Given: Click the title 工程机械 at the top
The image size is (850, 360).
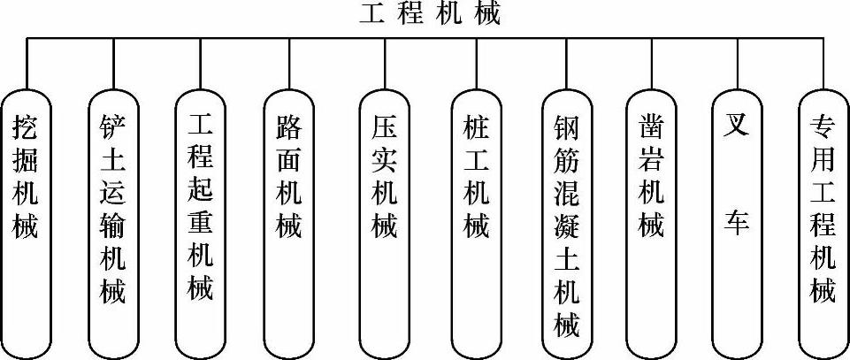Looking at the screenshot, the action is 430,15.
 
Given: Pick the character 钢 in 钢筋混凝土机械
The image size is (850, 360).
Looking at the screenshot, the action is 564,124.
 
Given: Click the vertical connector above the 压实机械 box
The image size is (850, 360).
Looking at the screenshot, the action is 384,62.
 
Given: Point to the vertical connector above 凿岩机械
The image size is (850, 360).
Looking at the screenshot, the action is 652,62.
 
